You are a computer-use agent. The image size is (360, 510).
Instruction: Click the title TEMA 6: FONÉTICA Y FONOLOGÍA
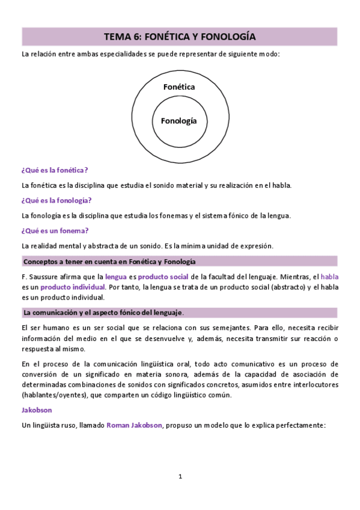[x=180, y=37]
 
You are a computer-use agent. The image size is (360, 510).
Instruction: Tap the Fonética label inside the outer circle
[x=179, y=87]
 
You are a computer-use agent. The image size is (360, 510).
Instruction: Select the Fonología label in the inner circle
[x=179, y=120]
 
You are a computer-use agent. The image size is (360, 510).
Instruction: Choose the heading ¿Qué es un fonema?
[x=55, y=230]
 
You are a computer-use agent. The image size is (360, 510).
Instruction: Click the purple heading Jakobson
[x=37, y=410]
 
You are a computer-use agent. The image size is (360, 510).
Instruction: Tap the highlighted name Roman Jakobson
[x=135, y=425]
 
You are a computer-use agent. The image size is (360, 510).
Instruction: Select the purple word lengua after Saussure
[x=116, y=276]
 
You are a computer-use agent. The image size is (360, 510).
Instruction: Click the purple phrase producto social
[x=163, y=276]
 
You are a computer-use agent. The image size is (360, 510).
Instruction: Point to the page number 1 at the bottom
[x=180, y=477]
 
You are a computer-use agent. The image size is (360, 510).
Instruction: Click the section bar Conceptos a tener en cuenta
[x=109, y=261]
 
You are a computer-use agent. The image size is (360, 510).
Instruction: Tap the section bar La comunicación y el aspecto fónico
[x=103, y=313]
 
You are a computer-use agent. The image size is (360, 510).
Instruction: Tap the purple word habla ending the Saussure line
[x=330, y=276]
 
